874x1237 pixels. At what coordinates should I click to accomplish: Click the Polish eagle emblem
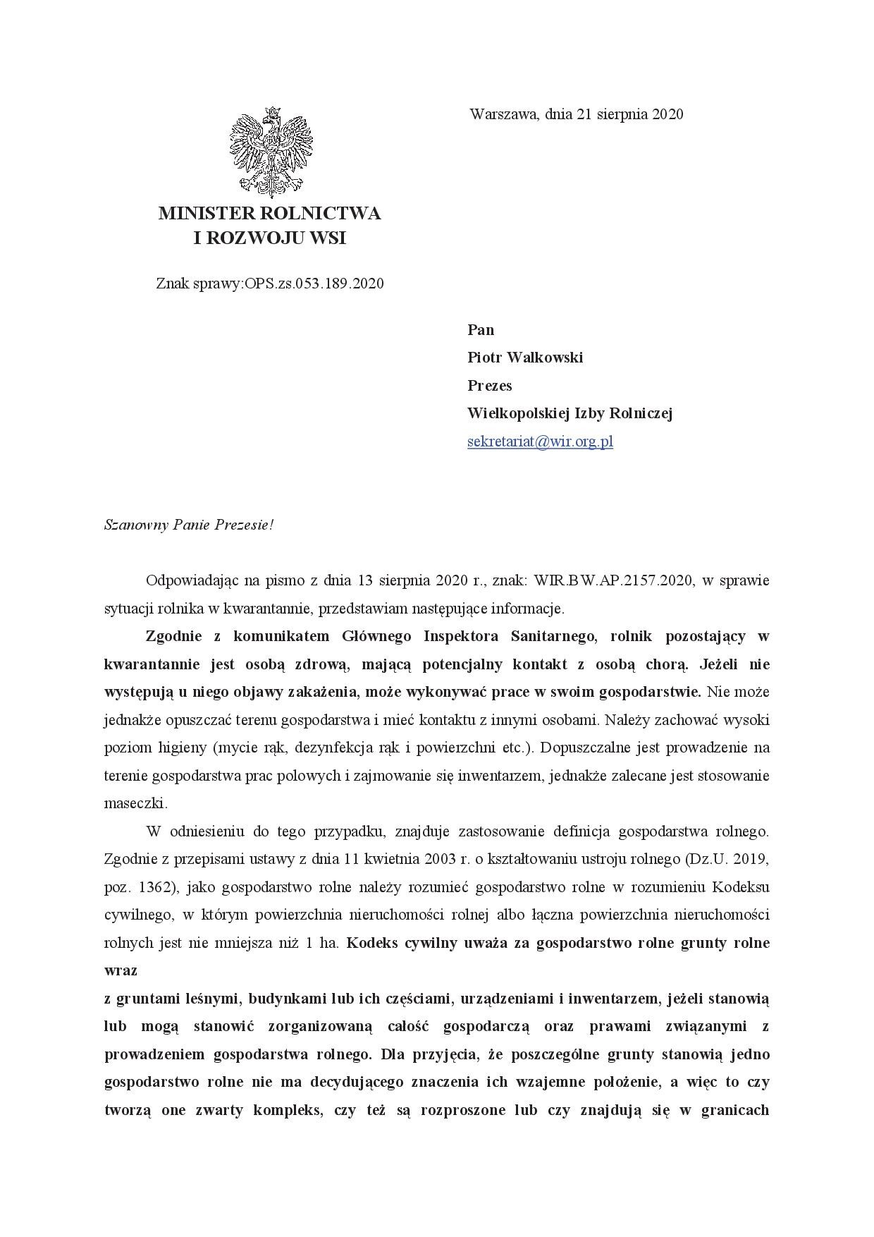[x=271, y=151]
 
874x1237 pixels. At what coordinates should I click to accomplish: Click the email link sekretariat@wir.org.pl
[x=540, y=442]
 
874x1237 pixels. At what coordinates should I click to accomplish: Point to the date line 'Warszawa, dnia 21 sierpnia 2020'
[x=576, y=114]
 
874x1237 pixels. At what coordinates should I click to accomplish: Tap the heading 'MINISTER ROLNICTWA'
[x=270, y=213]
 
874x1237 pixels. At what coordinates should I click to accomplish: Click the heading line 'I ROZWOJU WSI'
[x=270, y=238]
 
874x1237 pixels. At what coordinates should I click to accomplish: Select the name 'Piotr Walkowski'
[x=525, y=358]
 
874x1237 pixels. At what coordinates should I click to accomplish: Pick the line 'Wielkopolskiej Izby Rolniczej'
[x=570, y=413]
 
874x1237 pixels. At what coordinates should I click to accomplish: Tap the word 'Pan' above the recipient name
[x=481, y=330]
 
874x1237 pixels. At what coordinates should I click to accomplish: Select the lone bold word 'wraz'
[x=121, y=970]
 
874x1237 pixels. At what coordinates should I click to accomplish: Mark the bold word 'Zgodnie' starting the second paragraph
[x=173, y=636]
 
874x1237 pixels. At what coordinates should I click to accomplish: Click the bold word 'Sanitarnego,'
[x=553, y=636]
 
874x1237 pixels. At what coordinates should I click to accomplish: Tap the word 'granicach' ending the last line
[x=734, y=1110]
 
